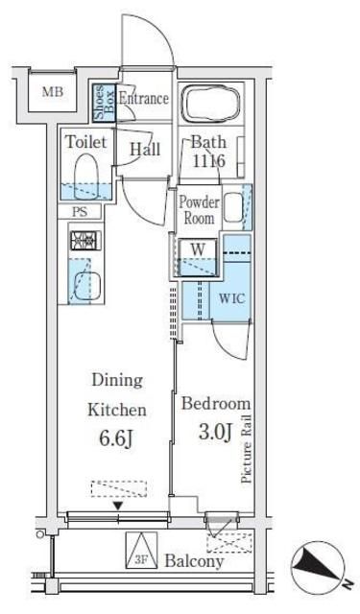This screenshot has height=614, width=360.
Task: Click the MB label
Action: pyautogui.click(x=53, y=92)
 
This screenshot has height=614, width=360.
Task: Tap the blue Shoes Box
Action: pyautogui.click(x=105, y=103)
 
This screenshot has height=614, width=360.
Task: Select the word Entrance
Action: pyautogui.click(x=144, y=98)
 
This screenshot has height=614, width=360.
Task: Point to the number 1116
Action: pyautogui.click(x=208, y=160)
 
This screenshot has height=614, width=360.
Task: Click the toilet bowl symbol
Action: pyautogui.click(x=85, y=174)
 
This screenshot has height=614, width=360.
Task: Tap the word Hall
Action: pyautogui.click(x=145, y=150)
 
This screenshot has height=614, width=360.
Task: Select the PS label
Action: pyautogui.click(x=80, y=212)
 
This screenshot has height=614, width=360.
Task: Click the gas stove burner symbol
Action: pyautogui.click(x=85, y=241)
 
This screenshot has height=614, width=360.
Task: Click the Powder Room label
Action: pyautogui.click(x=199, y=210)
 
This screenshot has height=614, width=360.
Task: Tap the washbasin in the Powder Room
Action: pyautogui.click(x=232, y=208)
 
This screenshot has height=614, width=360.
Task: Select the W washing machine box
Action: pyautogui.click(x=198, y=257)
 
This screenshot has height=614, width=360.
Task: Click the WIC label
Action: pyautogui.click(x=232, y=298)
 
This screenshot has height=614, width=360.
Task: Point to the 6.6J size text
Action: pyautogui.click(x=117, y=439)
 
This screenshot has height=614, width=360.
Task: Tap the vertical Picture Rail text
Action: pyautogui.click(x=246, y=448)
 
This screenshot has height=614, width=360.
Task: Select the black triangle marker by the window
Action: pyautogui.click(x=118, y=507)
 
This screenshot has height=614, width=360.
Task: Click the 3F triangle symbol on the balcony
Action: pyautogui.click(x=141, y=550)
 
